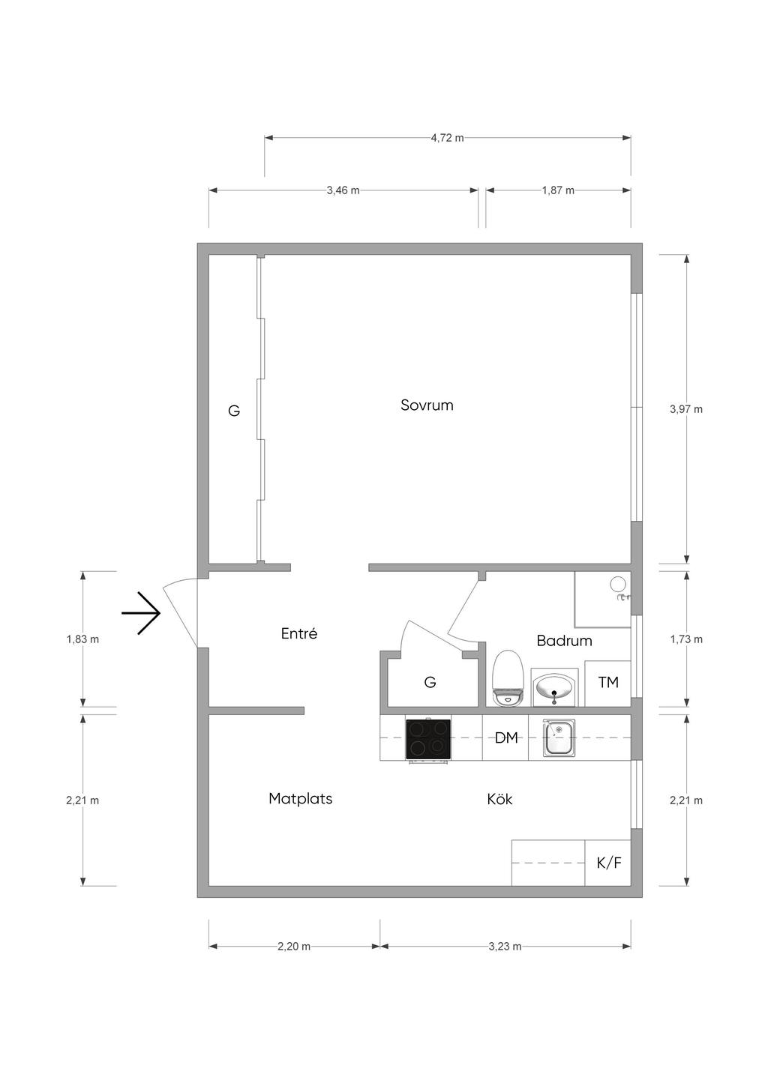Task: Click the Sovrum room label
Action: point(427,405)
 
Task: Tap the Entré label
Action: point(298,633)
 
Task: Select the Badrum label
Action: point(564,641)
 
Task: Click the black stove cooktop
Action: point(428,738)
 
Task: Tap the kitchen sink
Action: point(559,738)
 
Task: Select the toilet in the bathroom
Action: point(507,678)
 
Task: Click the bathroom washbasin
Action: point(554,687)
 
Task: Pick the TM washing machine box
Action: point(608,683)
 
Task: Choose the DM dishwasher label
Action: point(506,738)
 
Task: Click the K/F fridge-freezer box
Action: point(608,863)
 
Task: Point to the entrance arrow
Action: point(141,613)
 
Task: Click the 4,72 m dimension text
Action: point(447,138)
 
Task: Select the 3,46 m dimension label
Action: point(343,190)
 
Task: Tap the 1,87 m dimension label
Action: point(558,190)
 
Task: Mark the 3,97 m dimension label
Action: point(686,409)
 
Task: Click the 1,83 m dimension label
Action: point(82,639)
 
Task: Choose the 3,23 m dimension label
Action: point(505,946)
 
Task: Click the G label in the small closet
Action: point(430,683)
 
